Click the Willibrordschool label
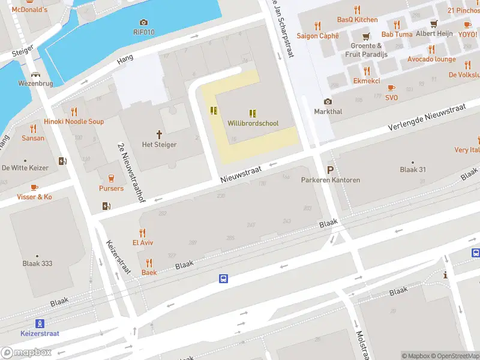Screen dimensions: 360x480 (x=253, y=124)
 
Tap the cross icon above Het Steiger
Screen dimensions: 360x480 (x=160, y=134)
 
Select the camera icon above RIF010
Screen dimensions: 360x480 (x=143, y=23)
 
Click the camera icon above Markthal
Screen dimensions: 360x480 (x=328, y=101)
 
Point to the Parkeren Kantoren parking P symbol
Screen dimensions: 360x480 (x=330, y=170)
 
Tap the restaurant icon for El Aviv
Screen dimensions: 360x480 (x=142, y=233)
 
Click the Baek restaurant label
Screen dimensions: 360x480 (x=149, y=272)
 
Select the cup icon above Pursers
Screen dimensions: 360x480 (x=111, y=178)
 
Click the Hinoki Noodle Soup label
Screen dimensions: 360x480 (x=74, y=122)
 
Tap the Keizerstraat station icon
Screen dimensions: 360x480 (x=40, y=323)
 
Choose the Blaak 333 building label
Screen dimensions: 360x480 (x=37, y=263)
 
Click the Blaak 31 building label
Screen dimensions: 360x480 (x=412, y=170)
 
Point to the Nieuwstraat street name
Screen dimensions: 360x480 (x=241, y=175)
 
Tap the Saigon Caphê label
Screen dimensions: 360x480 (x=317, y=36)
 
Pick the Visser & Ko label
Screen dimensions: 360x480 (x=34, y=197)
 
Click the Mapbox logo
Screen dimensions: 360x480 (x=26, y=352)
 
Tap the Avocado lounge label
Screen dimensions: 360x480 (x=431, y=59)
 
